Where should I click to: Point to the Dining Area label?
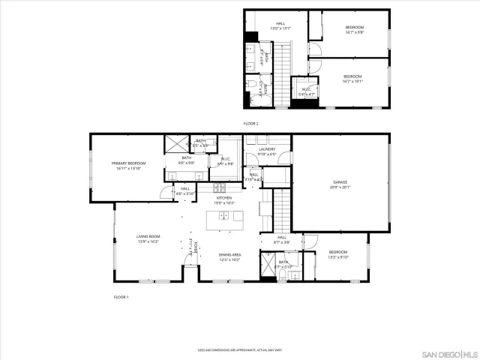229,257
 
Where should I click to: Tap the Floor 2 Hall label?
280,25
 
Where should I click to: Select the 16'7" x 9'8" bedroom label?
354,29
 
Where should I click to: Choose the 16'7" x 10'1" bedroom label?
353,78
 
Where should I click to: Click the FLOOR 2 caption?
250,123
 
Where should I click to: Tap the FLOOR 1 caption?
121,297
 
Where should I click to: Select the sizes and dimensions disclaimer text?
239,349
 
